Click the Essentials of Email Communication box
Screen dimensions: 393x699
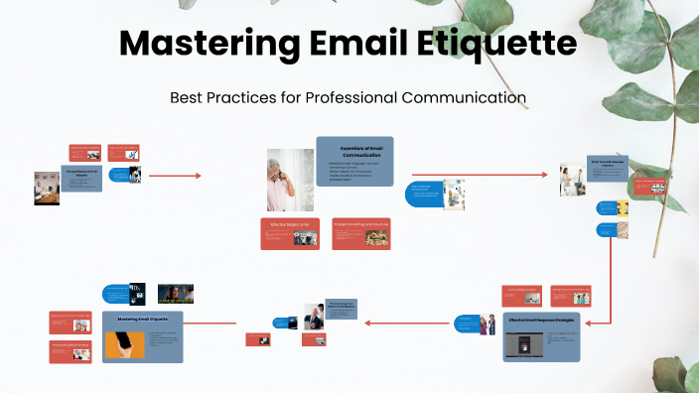tap(354, 160)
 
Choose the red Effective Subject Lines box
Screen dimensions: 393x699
tap(290, 233)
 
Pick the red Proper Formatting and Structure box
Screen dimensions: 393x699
tap(360, 233)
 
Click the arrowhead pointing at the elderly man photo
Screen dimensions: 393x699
tap(198, 176)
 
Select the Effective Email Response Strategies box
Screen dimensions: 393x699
tap(541, 335)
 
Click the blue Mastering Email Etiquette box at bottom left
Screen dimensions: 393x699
tap(142, 334)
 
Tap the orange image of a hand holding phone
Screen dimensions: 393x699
tap(124, 343)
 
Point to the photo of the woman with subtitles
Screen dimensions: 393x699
tap(176, 293)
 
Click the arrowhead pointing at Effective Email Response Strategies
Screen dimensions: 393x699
tap(586, 324)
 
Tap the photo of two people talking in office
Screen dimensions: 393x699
tap(571, 180)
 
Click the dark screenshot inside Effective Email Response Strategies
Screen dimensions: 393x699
tap(520, 344)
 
